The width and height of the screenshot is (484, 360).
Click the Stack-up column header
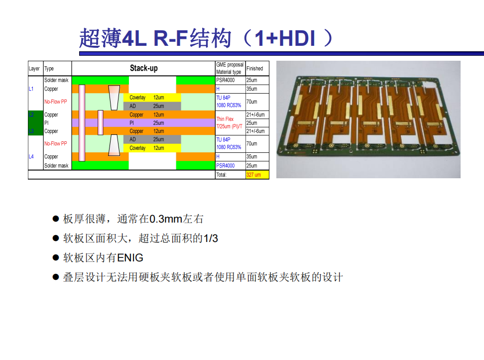point(143,68)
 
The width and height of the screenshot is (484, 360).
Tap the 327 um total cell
point(257,175)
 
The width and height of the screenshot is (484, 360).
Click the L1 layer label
point(31,89)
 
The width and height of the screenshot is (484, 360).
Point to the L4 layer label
point(31,157)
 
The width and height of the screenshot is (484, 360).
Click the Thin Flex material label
point(225,119)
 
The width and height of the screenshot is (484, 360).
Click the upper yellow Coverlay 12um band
point(152,98)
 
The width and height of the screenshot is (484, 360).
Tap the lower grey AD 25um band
point(152,139)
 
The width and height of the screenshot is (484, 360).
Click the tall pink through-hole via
point(82,123)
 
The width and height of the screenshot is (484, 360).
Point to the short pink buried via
point(101,122)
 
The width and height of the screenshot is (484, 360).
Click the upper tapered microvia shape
point(114,98)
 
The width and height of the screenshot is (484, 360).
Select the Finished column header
point(254,69)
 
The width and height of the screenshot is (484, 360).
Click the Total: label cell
point(221,175)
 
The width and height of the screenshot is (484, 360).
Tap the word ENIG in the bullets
point(130,258)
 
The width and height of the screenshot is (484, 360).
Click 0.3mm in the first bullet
point(166,219)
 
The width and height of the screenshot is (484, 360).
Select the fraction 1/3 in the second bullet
point(211,239)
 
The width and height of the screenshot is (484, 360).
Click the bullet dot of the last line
point(56,277)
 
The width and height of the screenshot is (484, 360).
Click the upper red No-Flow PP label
point(56,102)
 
